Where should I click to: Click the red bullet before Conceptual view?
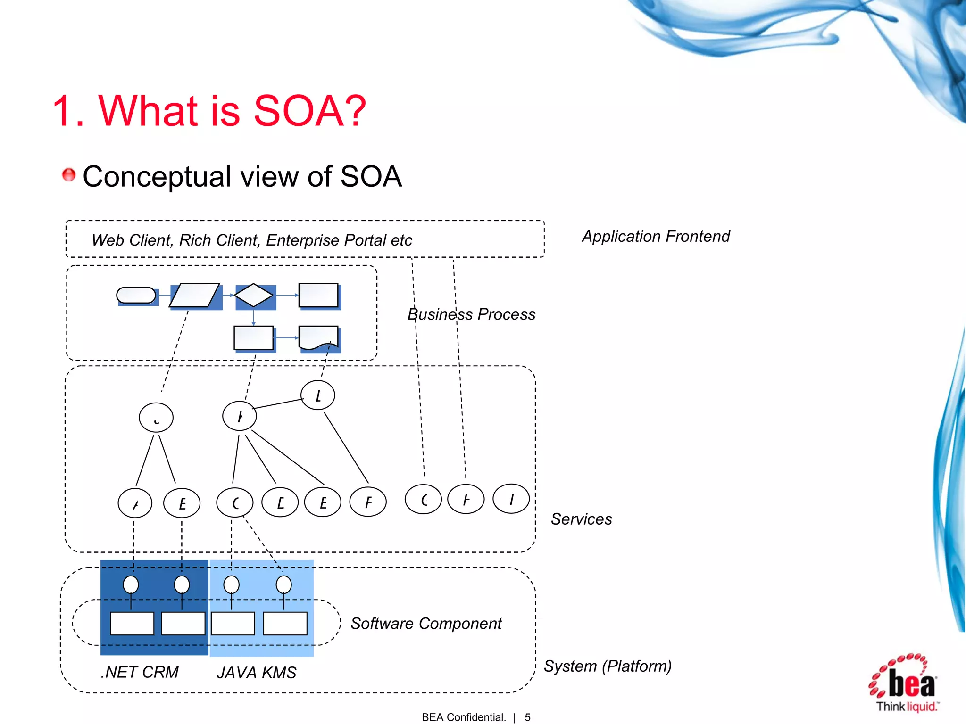point(69,175)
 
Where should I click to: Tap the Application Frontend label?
point(656,236)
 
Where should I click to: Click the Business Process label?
point(471,314)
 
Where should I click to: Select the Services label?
point(581,519)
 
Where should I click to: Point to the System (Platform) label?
point(608,666)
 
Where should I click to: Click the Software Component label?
point(426,624)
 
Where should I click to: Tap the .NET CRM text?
point(140,672)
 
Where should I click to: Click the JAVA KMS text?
point(257,673)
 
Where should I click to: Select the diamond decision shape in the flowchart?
point(254,296)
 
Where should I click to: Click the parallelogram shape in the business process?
point(195,296)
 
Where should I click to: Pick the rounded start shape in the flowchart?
point(136,296)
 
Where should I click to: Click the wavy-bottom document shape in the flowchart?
point(319,338)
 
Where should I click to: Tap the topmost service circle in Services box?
point(318,395)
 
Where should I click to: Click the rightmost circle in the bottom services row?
point(511,499)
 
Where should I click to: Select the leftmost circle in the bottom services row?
point(135,503)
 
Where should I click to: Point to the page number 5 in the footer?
point(527,717)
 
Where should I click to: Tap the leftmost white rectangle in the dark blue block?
point(132,624)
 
